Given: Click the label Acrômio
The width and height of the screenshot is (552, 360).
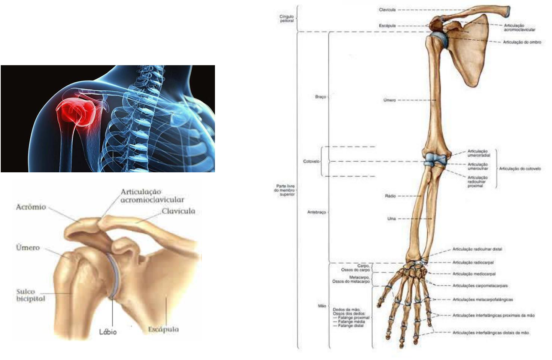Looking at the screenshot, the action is click(x=31, y=207).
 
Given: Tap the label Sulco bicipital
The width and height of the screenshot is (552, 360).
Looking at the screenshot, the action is click(x=31, y=295).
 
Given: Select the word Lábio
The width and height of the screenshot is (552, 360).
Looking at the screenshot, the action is click(x=108, y=332).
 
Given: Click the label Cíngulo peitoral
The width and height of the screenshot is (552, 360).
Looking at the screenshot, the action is click(x=286, y=19).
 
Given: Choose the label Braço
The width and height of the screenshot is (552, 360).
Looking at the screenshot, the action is click(x=320, y=97).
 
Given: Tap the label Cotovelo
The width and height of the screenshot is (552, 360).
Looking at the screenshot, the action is click(x=311, y=161).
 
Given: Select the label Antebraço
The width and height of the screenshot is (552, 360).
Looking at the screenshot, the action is click(x=316, y=212).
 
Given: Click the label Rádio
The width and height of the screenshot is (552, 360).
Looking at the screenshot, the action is click(x=390, y=196).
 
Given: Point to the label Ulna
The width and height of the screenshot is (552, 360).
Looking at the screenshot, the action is click(x=391, y=218).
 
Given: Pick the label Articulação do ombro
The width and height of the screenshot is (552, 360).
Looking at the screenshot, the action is click(x=522, y=42).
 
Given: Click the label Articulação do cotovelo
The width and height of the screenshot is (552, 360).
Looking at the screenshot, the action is click(x=520, y=169).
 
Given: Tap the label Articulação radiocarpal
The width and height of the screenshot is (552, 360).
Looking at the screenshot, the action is click(x=473, y=263).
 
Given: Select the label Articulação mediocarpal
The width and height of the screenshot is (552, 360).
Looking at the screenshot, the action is click(x=474, y=274).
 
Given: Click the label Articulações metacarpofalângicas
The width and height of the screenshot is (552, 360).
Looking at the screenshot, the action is click(x=483, y=300).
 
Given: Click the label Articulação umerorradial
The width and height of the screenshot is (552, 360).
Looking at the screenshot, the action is click(x=479, y=153).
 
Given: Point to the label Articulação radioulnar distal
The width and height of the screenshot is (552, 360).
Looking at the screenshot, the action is click(x=477, y=249).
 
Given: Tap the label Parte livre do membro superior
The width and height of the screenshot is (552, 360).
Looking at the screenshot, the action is click(x=286, y=190).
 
